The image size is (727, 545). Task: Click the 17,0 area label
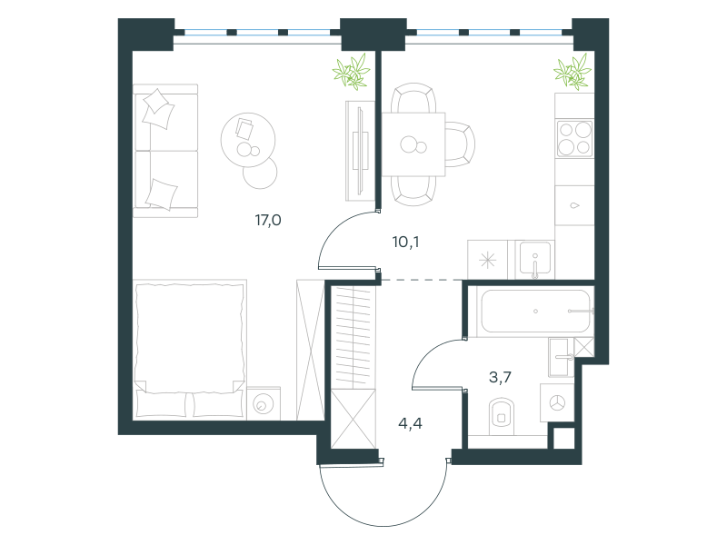pyautogui.click(x=268, y=220)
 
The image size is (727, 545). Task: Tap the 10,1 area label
pyautogui.click(x=405, y=242)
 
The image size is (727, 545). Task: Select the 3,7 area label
pyautogui.click(x=501, y=377)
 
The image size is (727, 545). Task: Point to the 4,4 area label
pyautogui.click(x=411, y=423)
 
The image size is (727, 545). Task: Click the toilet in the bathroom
pyautogui.click(x=502, y=416)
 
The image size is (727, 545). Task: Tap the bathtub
pyautogui.click(x=536, y=312)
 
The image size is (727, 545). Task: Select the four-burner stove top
pyautogui.click(x=575, y=139)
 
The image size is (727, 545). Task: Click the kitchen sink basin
pyautogui.click(x=535, y=260)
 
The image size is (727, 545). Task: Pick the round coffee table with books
pyautogui.click(x=248, y=140)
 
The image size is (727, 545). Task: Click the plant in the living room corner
pyautogui.click(x=352, y=72)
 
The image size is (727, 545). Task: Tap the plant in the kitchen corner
pyautogui.click(x=573, y=72)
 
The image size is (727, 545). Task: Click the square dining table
pyautogui.click(x=413, y=144)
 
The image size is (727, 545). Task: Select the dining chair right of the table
pyautogui.click(x=460, y=144)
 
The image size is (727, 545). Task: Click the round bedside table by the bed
pyautogui.click(x=264, y=403)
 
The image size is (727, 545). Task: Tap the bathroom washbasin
pyautogui.click(x=561, y=357)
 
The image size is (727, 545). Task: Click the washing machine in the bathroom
pyautogui.click(x=557, y=402)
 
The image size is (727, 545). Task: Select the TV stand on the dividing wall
pyautogui.click(x=360, y=151)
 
